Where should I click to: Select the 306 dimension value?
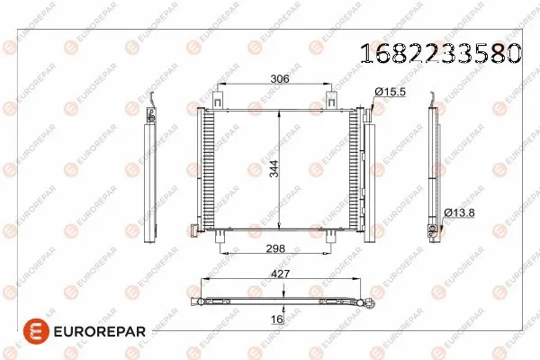tap(279, 79)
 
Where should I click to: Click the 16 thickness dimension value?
tap(277, 319)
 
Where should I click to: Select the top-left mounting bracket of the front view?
tap(219, 95)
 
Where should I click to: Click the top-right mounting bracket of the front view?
tap(334, 95)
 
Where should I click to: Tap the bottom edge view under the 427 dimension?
tap(279, 301)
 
